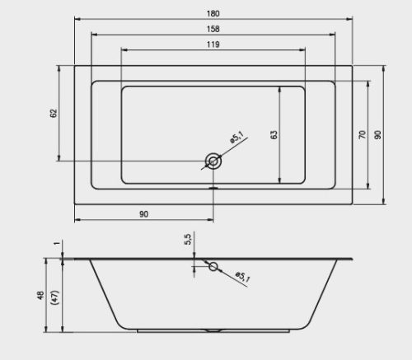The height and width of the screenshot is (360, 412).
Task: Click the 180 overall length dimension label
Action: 213,13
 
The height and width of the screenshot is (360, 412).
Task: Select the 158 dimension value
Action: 213,29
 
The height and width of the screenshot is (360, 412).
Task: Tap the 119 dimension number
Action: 213,44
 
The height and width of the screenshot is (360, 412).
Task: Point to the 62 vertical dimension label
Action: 54,113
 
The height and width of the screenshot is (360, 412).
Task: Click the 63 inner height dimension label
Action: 274,134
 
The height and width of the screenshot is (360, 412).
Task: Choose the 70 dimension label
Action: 363,134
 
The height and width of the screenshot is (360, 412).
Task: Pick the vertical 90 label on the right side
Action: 378,134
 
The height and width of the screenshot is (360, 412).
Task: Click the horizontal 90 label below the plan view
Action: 143,214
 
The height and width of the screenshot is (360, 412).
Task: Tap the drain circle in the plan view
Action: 213,161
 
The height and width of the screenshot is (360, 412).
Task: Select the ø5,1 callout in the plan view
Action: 236,137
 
